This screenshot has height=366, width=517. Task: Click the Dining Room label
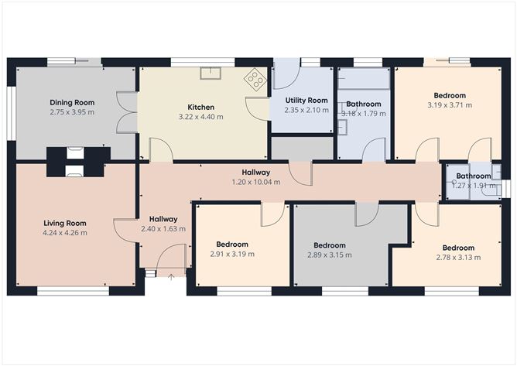72,102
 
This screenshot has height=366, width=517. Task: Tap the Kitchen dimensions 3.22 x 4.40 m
200,117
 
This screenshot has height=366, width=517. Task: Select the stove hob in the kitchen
255,78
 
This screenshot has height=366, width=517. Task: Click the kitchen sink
211,74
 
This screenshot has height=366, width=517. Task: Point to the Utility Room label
306,101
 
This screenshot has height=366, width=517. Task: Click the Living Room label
65,223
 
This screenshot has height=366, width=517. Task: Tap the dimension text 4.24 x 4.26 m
65,232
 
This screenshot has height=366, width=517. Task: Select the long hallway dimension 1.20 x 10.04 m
255,182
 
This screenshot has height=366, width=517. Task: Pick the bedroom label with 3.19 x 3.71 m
450,96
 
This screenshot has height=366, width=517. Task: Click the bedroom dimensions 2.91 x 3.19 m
233,253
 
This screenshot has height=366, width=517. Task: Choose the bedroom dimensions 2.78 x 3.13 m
455,258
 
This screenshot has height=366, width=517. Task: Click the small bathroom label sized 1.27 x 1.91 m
473,176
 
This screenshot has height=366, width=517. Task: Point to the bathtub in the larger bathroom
364,78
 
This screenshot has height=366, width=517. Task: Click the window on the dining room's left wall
11,113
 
